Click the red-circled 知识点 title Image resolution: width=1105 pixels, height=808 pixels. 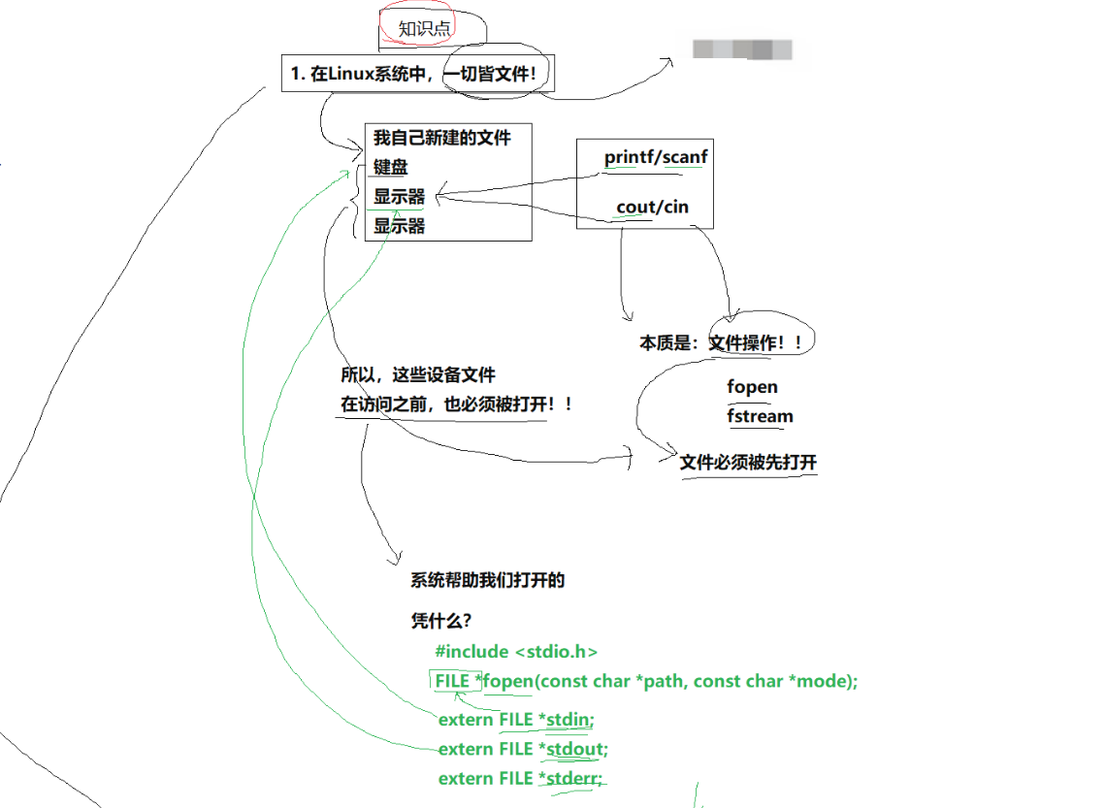click(425, 29)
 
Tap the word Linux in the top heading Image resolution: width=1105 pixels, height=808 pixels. click(352, 74)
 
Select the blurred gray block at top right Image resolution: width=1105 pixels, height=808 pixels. click(742, 49)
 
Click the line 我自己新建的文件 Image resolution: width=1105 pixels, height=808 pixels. click(442, 138)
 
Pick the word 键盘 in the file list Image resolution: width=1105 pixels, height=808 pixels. click(391, 167)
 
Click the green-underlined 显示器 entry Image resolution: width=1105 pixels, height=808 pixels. click(400, 197)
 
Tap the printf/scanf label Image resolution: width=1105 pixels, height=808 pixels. click(656, 157)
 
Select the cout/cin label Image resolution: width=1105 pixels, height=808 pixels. click(652, 207)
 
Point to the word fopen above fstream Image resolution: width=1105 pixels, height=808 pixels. click(753, 387)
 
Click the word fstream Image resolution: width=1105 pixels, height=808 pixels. click(761, 416)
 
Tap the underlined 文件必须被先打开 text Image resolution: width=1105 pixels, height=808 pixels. click(748, 463)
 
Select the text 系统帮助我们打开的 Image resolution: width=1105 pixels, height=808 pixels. click(488, 581)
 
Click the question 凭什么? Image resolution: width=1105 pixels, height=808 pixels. click(441, 620)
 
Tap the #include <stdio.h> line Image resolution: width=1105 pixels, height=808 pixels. click(517, 652)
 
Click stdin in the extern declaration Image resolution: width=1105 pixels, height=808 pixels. click(569, 720)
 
